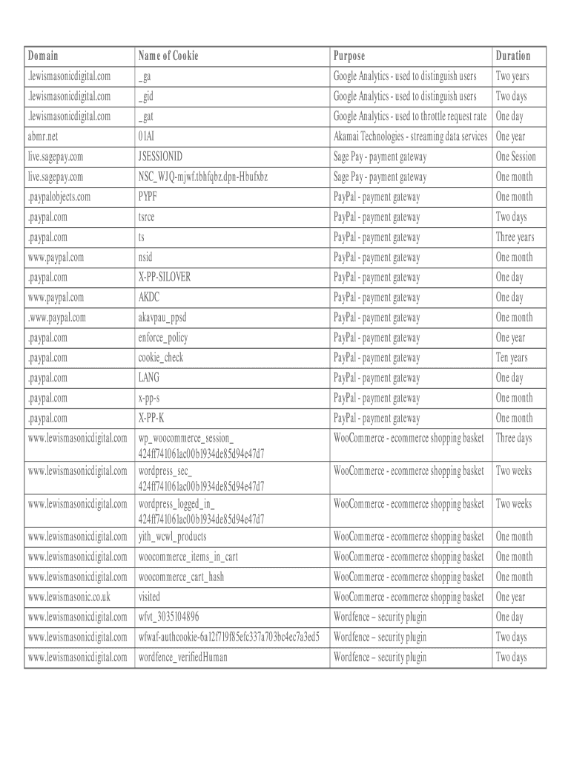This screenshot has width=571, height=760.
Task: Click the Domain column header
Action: (43, 56)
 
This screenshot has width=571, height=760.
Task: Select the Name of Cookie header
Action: (168, 56)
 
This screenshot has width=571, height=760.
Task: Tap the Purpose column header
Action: (349, 56)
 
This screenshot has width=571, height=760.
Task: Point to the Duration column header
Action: (513, 56)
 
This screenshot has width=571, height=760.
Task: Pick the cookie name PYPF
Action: (148, 197)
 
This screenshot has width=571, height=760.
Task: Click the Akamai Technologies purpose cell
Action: (410, 137)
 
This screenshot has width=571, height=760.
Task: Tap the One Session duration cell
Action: (515, 157)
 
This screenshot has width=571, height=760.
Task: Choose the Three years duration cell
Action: (515, 237)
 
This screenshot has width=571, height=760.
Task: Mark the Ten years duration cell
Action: (512, 358)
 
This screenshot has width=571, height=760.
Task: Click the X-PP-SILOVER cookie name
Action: (165, 278)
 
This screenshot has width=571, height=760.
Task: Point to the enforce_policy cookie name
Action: (163, 338)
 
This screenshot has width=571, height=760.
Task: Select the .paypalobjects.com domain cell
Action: (59, 197)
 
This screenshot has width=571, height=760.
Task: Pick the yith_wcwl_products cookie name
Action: (173, 537)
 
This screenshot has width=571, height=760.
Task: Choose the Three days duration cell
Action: (514, 438)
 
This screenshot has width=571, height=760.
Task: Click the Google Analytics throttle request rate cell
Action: (410, 117)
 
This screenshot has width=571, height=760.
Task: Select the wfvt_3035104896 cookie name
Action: (169, 617)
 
